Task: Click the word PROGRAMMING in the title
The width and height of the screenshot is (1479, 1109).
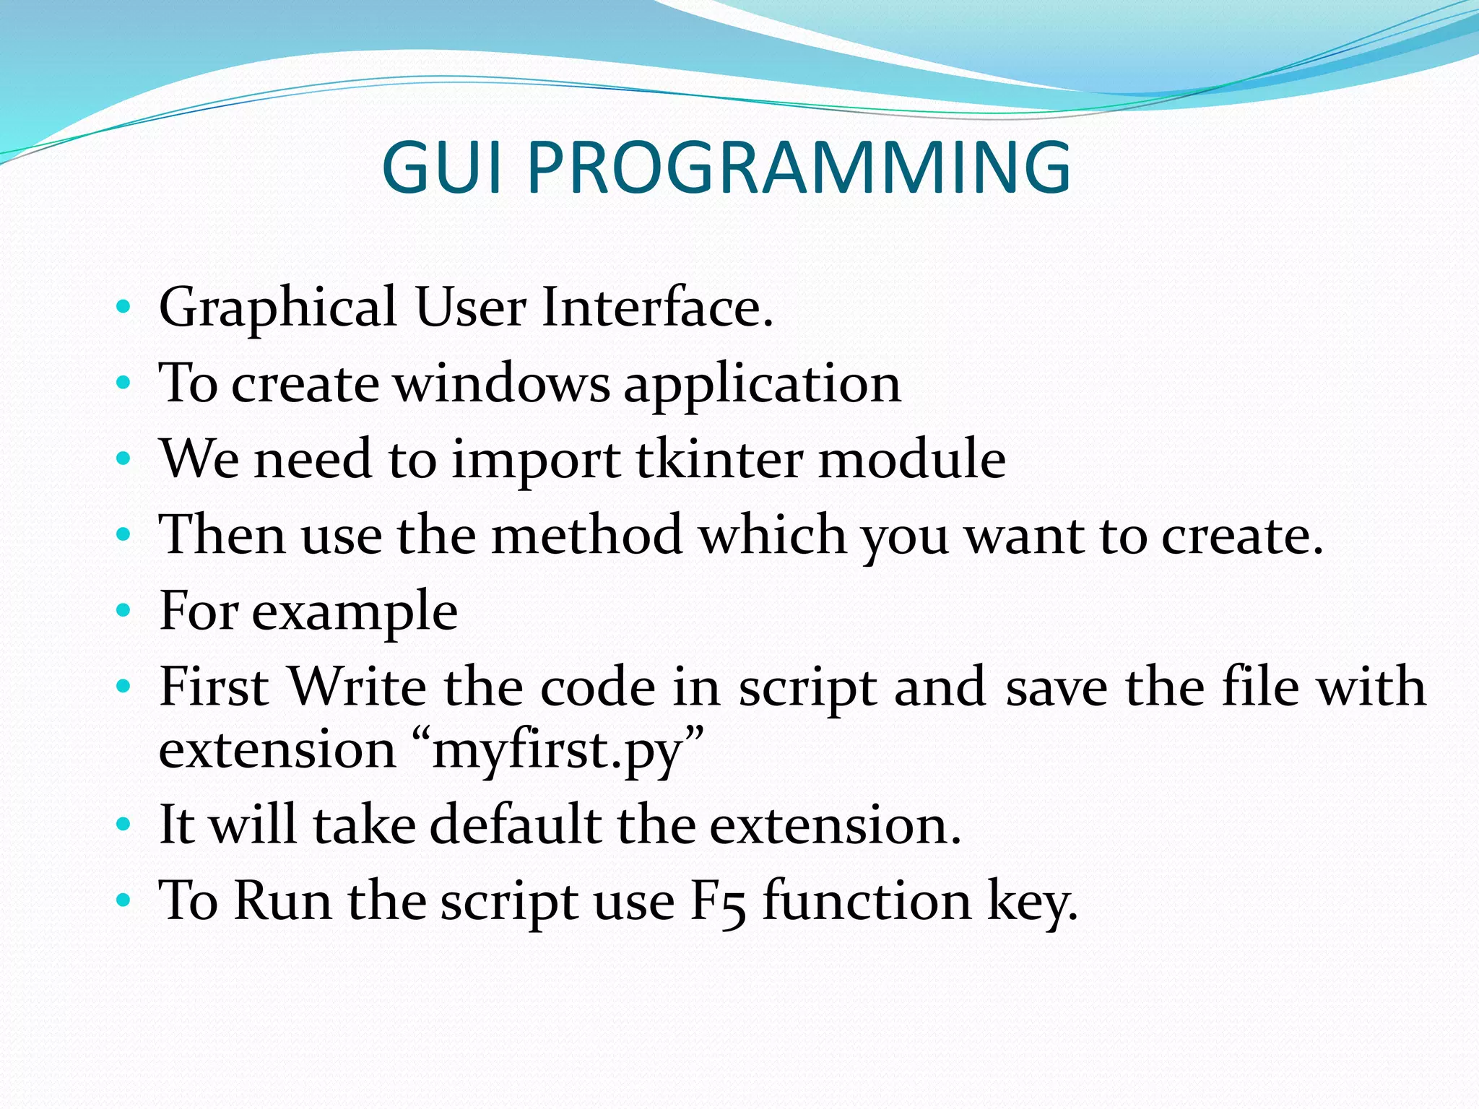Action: (x=799, y=168)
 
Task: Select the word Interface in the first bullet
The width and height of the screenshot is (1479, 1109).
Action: (x=656, y=308)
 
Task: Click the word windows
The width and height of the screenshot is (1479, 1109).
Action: (x=501, y=383)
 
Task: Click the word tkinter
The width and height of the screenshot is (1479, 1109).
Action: (x=719, y=459)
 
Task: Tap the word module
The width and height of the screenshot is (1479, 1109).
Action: (x=911, y=459)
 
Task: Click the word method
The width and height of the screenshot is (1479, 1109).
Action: (x=586, y=535)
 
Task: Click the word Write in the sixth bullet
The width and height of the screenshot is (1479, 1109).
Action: (x=357, y=687)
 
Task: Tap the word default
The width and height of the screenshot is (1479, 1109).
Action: (x=516, y=825)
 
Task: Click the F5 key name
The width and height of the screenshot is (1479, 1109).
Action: (x=717, y=903)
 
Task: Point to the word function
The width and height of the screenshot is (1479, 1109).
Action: (x=867, y=901)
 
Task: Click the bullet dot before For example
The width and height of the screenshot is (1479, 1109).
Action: (x=123, y=611)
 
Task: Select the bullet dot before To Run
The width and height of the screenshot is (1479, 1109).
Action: (x=123, y=900)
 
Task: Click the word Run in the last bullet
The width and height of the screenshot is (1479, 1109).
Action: (x=282, y=901)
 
